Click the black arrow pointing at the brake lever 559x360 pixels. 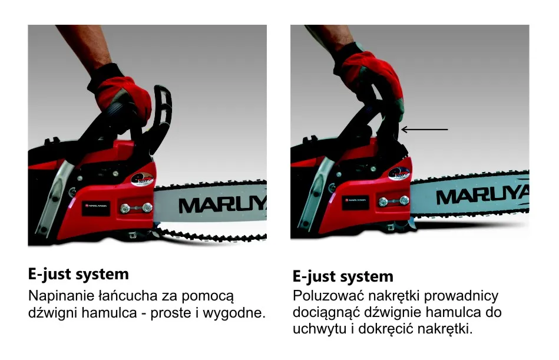point(424,128)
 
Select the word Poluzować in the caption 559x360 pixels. point(322,296)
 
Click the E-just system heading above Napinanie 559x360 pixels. point(78,274)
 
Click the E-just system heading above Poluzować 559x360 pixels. point(343,276)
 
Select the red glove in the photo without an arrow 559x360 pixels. point(121,91)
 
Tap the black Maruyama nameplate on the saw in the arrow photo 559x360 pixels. point(355,200)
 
